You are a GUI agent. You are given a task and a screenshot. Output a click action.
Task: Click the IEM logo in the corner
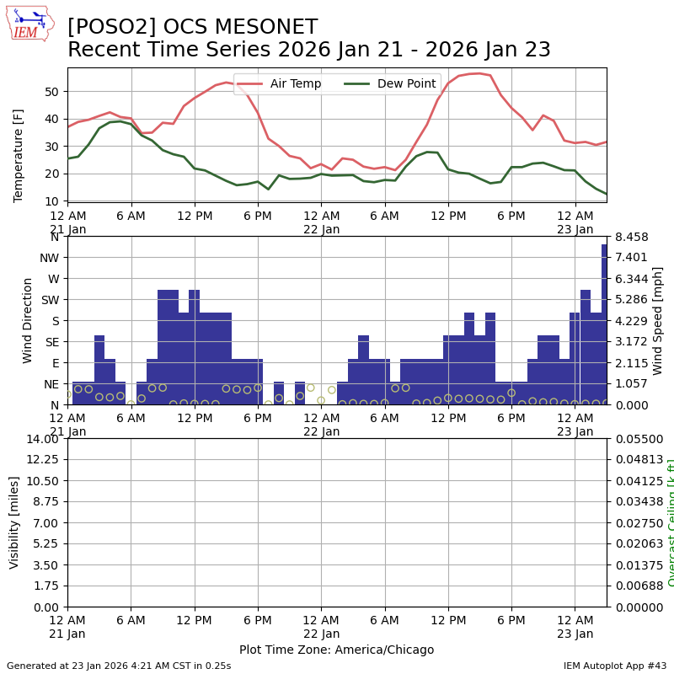tap(29, 24)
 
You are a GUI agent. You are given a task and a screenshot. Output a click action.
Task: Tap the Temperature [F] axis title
tap(19, 155)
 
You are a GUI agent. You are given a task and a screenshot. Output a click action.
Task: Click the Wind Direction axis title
tap(28, 320)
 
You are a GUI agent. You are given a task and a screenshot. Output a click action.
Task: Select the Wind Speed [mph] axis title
tap(658, 320)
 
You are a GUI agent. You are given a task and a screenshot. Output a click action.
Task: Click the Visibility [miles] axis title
tap(14, 522)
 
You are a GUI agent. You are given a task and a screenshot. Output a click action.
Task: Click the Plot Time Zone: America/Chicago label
tap(336, 650)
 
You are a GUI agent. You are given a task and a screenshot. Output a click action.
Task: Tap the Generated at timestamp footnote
tap(119, 666)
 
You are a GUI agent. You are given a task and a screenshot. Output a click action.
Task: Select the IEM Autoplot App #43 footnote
tap(615, 666)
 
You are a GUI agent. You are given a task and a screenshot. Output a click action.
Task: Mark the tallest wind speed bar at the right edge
tap(604, 324)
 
